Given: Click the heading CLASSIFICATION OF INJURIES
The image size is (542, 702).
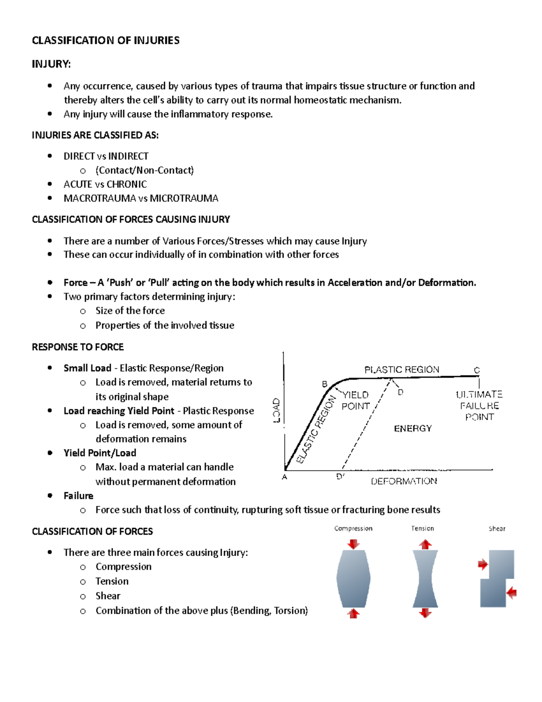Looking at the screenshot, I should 106,41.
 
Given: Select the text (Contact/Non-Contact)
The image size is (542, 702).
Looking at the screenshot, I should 145,170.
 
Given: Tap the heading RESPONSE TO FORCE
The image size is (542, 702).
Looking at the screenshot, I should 78,347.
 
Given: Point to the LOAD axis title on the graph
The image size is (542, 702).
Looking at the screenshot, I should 276,410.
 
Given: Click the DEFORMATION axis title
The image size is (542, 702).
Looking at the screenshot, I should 404,481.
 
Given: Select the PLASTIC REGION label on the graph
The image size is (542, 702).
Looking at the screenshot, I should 402,370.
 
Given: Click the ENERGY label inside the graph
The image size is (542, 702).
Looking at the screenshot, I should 413,429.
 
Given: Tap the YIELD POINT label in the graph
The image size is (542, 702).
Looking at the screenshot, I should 355,400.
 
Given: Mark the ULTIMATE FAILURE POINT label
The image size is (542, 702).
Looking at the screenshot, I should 479,405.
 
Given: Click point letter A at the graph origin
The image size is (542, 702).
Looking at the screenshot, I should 285,477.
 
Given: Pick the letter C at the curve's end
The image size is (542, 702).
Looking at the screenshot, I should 477,370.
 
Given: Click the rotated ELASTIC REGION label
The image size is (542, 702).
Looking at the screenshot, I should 316,429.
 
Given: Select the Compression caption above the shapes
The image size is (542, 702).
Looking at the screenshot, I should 353,528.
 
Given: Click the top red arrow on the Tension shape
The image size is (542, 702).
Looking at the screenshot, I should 425,544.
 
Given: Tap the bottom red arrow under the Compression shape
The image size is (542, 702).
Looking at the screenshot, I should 354,613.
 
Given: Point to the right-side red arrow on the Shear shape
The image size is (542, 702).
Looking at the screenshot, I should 511,593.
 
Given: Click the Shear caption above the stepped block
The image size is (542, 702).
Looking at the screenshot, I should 497,529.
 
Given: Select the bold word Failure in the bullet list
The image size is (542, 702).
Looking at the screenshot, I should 79,496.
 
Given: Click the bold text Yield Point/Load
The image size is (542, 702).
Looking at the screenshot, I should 100,453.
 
